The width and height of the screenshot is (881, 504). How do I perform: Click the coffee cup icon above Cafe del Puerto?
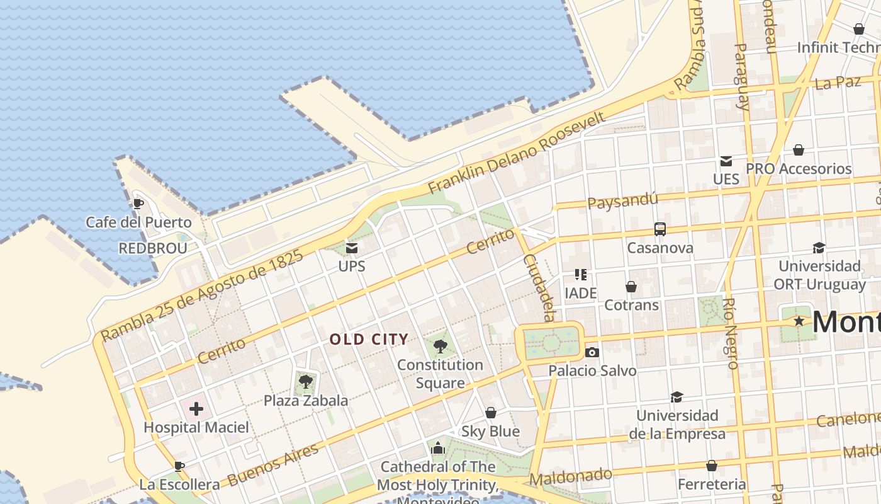pos(138,203)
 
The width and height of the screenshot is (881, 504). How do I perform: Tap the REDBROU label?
pos(153,248)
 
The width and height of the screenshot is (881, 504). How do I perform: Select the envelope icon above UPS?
pos(352,248)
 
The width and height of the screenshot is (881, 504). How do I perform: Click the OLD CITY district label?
pos(369,340)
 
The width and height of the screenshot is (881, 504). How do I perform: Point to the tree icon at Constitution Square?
pos(441,345)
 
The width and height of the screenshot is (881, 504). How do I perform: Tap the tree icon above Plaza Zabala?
pos(306,381)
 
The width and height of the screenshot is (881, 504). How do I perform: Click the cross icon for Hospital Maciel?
pos(196,409)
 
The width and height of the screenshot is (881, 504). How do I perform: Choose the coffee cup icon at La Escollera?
pos(179,466)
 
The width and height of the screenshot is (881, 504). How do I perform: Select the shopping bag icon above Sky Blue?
pos(491,413)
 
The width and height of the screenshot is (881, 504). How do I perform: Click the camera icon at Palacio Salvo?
pos(592,352)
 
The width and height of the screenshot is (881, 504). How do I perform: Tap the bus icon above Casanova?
pos(660,229)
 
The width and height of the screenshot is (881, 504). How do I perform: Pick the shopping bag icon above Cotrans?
pos(631,287)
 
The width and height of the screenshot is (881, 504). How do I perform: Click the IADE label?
pos(580,293)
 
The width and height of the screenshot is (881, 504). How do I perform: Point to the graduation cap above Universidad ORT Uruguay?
pos(819,248)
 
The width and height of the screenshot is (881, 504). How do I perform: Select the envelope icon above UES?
pos(726,161)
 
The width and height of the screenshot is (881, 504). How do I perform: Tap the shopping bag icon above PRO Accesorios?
pos(799,150)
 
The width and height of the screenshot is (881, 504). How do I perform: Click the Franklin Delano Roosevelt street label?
pos(517,152)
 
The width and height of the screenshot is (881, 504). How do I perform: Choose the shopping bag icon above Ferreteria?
pos(712,466)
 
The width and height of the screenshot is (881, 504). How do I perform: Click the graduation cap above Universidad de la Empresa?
pos(676,397)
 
